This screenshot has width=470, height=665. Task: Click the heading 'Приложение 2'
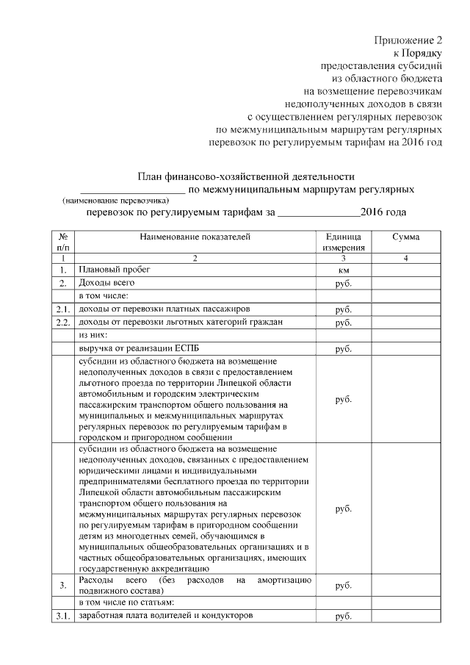tap(408, 40)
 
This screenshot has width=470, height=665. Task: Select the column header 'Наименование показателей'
tap(195, 237)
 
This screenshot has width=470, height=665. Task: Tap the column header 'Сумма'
tap(406, 237)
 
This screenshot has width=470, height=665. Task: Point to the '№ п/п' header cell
tap(64, 242)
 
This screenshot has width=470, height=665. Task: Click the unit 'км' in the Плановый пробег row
tap(342, 271)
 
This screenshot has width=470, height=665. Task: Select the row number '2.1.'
tap(64, 309)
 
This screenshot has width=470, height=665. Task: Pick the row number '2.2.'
tap(64, 323)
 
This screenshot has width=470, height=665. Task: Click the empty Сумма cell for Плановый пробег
tap(406, 271)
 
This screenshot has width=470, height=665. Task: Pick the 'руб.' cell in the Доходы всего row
tap(342, 284)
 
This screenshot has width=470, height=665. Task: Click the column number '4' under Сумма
tap(406, 259)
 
